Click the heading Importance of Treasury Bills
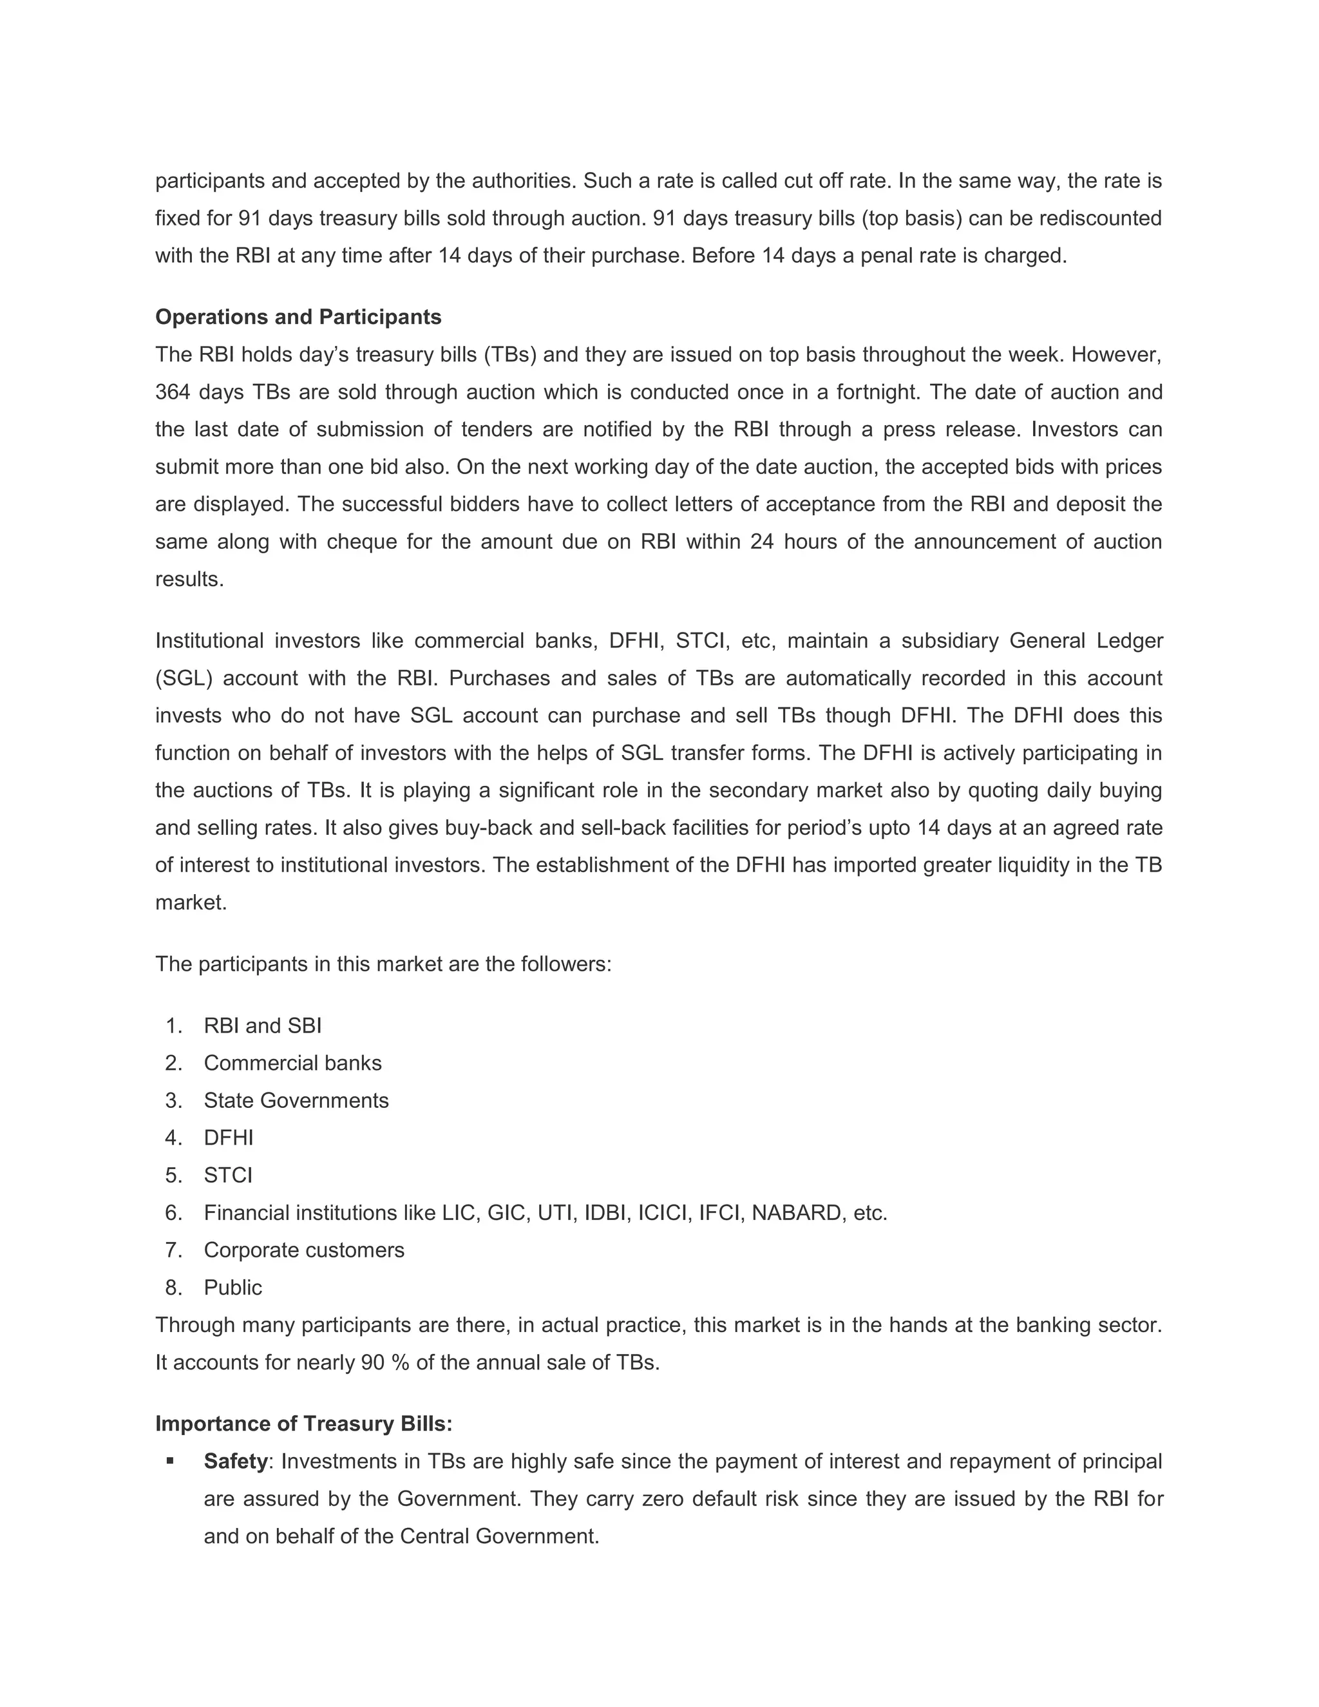(x=303, y=1424)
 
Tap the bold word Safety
(x=235, y=1461)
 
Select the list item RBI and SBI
(x=263, y=1025)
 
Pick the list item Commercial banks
(x=292, y=1063)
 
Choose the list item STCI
(x=228, y=1176)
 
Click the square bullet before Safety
(x=170, y=1460)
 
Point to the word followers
(x=569, y=964)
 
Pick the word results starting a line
(x=189, y=579)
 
